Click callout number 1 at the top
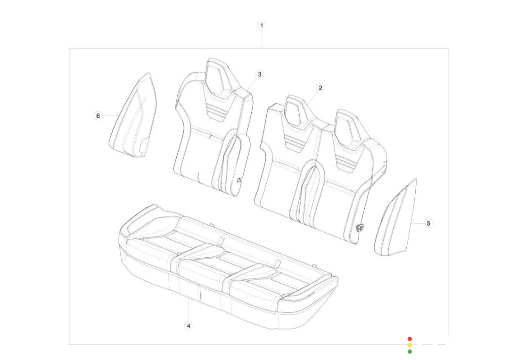click(262, 25)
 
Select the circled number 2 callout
click(320, 88)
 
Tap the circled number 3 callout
click(259, 74)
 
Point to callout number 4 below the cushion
click(189, 326)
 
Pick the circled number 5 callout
click(428, 223)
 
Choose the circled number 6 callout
click(98, 115)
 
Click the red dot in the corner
click(410, 339)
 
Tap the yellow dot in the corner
click(410, 345)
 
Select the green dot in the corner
click(410, 351)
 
